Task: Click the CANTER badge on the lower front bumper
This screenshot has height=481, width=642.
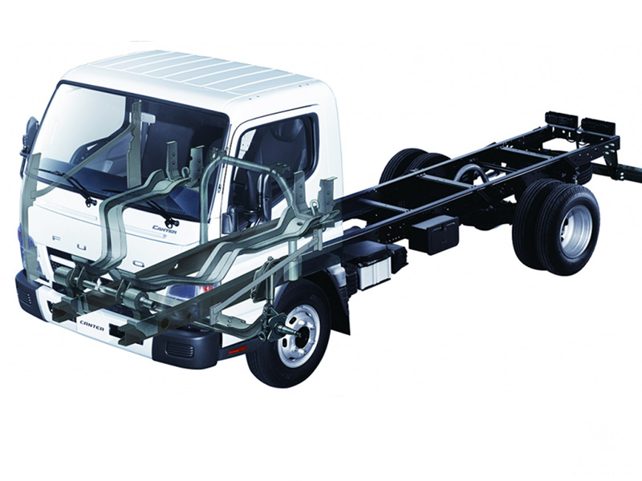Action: pyautogui.click(x=92, y=324)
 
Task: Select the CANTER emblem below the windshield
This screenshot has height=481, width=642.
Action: pyautogui.click(x=165, y=228)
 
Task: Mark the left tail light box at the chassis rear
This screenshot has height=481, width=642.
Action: pyautogui.click(x=562, y=121)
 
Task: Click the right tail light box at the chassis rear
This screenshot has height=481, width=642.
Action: pyautogui.click(x=598, y=127)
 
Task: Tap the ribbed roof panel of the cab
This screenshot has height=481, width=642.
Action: pyautogui.click(x=201, y=72)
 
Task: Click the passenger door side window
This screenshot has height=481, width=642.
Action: pyautogui.click(x=277, y=156)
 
